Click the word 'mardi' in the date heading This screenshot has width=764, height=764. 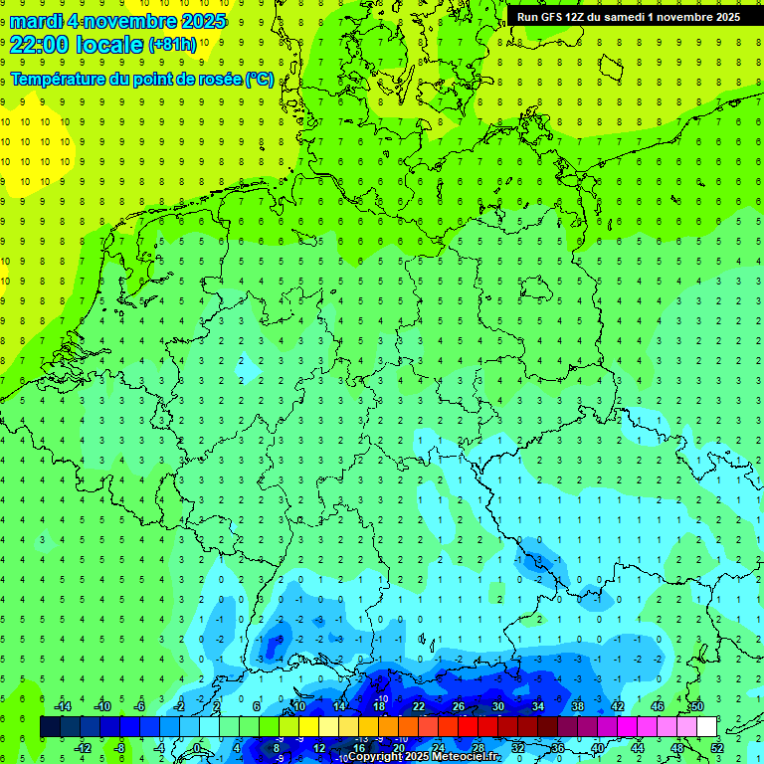click(32, 21)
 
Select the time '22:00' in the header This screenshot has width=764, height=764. click(40, 44)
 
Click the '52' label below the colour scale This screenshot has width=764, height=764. click(717, 748)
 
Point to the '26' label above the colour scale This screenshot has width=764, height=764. click(459, 706)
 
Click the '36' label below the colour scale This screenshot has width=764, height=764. click(558, 748)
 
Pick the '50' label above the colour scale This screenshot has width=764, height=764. click(696, 706)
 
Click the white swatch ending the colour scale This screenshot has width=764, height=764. click(706, 727)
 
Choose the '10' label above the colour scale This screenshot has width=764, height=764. click(299, 706)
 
